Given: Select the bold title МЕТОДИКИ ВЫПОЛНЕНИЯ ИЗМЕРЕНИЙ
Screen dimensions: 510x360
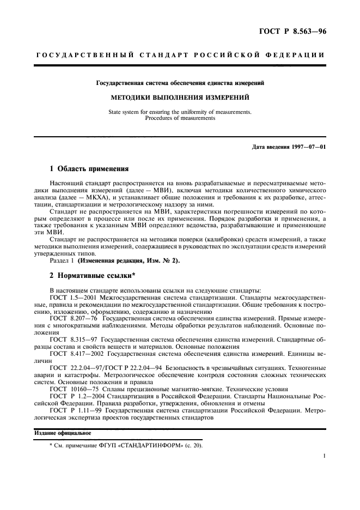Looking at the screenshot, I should pyautogui.click(x=180, y=98).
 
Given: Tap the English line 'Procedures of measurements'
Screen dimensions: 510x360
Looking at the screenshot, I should pyautogui.click(x=180, y=117).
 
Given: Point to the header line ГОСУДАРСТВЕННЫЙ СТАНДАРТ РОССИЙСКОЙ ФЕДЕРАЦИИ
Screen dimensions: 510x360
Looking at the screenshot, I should pyautogui.click(x=180, y=56).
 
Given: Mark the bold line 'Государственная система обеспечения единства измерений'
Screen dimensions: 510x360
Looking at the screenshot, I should pyautogui.click(x=180, y=83).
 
